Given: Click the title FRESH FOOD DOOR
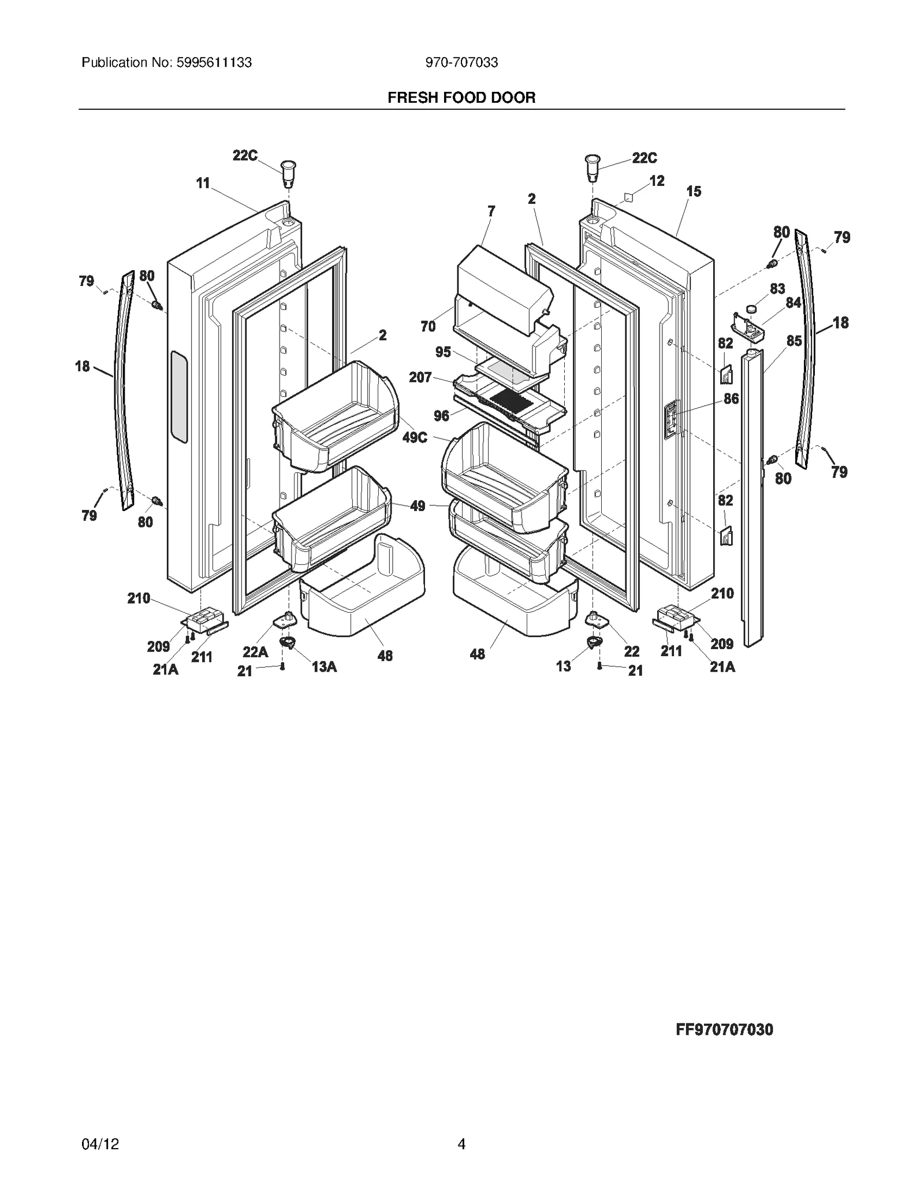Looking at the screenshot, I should click(461, 98).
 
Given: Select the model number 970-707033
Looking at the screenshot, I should click(461, 62).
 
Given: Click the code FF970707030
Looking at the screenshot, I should click(724, 1029).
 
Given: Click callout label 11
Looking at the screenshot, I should click(203, 183).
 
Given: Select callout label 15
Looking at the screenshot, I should click(694, 191).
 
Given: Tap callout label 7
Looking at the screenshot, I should click(491, 211).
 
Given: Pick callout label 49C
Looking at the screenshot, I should click(415, 437).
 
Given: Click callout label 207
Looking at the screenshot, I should click(420, 377).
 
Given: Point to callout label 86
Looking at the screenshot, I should click(731, 398).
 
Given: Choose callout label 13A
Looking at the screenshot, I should click(324, 666).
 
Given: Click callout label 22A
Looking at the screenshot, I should click(255, 652).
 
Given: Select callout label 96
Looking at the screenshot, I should click(441, 416).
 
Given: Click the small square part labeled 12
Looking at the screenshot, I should click(629, 197).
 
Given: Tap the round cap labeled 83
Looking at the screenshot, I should click(752, 310).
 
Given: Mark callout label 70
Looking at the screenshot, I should click(428, 326).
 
